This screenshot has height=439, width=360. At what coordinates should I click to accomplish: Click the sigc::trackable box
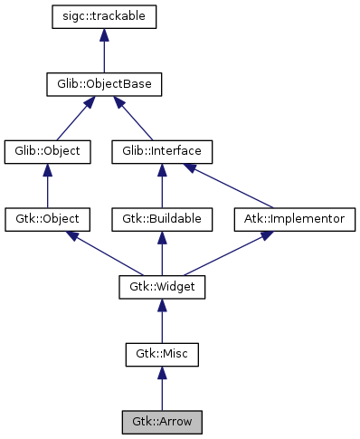(105, 16)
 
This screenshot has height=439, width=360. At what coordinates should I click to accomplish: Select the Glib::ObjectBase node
(105, 84)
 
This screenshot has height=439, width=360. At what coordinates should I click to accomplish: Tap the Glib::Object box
(48, 151)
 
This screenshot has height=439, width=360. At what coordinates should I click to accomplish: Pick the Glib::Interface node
(162, 151)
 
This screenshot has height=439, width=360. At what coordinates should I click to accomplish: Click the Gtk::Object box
(48, 219)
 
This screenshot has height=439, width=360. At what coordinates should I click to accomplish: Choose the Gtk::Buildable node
(162, 219)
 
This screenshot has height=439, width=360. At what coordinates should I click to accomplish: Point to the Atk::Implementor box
(294, 219)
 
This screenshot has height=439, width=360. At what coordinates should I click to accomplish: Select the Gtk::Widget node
(162, 287)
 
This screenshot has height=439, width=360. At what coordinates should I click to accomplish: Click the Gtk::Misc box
(162, 354)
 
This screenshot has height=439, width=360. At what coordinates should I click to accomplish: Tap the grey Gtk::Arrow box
(162, 422)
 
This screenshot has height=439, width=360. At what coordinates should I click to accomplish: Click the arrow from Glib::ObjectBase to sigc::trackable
(105, 51)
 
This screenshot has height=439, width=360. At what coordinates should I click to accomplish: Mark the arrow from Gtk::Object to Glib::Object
(48, 186)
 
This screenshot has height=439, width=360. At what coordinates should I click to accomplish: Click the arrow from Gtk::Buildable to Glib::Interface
(162, 186)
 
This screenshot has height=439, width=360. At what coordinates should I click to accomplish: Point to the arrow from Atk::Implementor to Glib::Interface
(231, 186)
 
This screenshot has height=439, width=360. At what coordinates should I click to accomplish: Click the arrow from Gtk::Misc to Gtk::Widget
(162, 320)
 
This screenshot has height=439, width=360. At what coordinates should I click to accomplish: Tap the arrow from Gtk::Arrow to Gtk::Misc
(162, 388)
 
